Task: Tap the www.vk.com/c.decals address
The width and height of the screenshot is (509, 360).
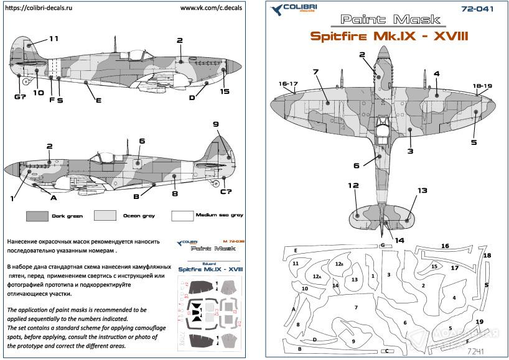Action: point(213,9)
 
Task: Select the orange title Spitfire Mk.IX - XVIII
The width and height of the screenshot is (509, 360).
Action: point(381,36)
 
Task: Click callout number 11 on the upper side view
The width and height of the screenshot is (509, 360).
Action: point(54,39)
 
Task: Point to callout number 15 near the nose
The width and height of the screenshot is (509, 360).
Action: point(225,92)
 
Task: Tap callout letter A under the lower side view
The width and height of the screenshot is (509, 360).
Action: point(54,197)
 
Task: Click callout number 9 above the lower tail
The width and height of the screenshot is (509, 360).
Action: point(216,125)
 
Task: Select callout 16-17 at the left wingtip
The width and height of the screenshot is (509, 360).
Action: point(289,84)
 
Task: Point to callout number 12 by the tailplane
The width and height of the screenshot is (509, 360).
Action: point(353,185)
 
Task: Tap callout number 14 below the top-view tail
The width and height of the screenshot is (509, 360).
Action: point(399,239)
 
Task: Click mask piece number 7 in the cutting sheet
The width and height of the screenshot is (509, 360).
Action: point(357,307)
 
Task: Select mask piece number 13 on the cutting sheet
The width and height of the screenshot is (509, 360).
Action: point(354,280)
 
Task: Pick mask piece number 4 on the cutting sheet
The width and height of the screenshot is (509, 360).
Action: point(454,297)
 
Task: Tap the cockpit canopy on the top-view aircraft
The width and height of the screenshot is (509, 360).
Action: point(383,129)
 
